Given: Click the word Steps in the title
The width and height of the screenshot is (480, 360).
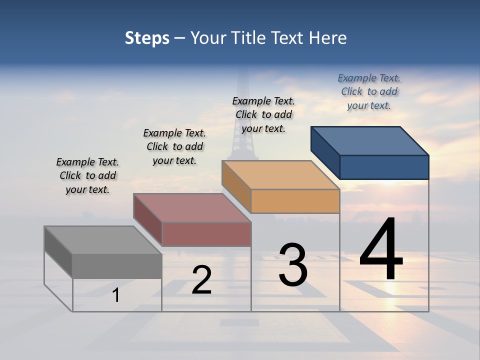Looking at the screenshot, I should pos(147,38).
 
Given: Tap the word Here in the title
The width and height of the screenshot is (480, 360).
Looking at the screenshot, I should pos(328,38).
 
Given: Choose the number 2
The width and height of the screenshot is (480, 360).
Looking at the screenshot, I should pos(201,280).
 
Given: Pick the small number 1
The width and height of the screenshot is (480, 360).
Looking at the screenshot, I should pos(116,295).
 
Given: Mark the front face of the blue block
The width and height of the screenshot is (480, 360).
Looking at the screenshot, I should pos(384,167).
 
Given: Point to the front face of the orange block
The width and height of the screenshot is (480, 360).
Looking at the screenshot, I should pos(295,201).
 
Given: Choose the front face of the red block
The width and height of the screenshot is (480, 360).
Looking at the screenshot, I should pos(206,234).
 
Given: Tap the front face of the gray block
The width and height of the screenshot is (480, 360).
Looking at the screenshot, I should pos(117,265).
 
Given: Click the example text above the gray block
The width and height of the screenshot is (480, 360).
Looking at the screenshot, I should pos(87,175).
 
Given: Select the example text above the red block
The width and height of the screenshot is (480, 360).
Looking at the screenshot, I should pos(174,146).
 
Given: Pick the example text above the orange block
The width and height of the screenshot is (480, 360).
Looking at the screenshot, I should pos(263,114).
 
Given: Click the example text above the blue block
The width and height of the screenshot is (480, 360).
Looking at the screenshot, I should pos(369,91).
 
